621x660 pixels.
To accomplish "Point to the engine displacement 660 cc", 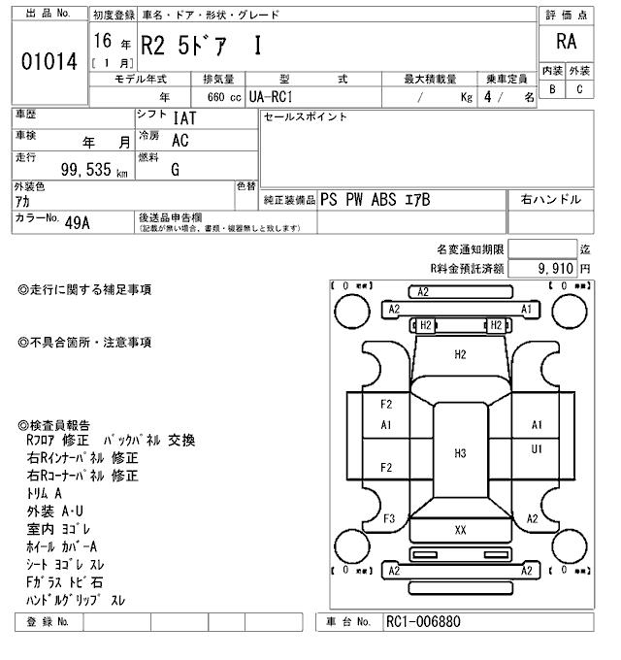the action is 223,98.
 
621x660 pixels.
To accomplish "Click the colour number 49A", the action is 77,222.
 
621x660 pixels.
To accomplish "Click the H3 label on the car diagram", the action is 460,452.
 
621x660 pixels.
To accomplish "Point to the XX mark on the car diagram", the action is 460,530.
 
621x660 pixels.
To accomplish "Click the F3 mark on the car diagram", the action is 388,518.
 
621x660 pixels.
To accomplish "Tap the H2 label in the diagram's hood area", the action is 460,355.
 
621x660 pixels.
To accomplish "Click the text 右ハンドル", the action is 550,200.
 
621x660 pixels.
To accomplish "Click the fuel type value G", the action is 176,170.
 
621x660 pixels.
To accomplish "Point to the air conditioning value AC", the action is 180,141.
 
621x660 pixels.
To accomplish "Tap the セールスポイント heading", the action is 305,117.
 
